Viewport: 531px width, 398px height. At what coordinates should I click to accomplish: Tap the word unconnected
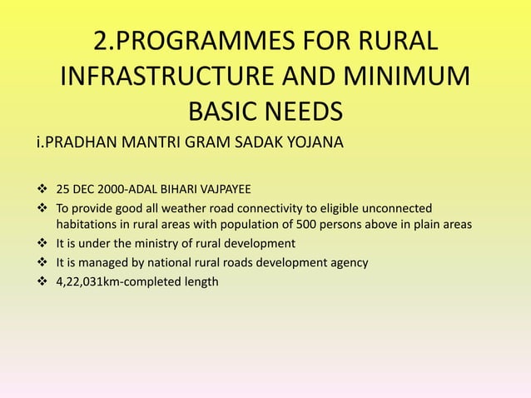397,206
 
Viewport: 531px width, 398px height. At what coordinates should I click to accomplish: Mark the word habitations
89,225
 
